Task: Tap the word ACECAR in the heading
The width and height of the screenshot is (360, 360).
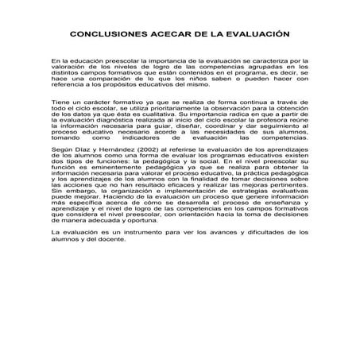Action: pyautogui.click(x=161, y=36)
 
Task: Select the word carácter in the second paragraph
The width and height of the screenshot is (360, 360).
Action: pyautogui.click(x=92, y=103)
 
